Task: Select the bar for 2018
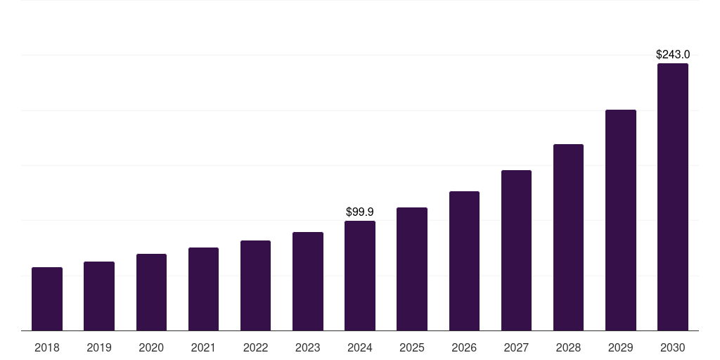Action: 47,299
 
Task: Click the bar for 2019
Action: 99,296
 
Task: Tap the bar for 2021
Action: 203,289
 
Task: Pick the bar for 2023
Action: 308,281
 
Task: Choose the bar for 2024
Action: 360,276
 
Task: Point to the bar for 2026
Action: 464,261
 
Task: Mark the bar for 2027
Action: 516,250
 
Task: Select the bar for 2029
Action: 621,220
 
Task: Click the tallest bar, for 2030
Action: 673,197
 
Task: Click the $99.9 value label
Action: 360,212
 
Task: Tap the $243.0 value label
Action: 673,54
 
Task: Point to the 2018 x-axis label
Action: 47,347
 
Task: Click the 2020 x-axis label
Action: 151,347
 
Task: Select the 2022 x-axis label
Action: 255,347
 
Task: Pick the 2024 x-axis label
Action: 360,347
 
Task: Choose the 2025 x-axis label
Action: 412,347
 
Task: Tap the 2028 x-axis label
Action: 568,347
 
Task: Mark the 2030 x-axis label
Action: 673,347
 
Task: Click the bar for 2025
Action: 412,269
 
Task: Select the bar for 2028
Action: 568,237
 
